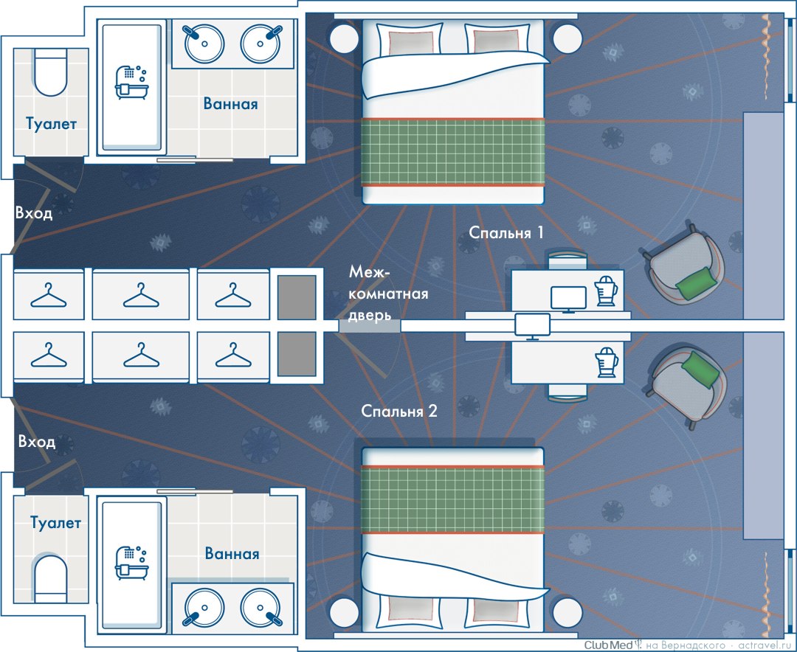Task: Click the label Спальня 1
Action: click(x=506, y=233)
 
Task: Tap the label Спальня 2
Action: click(x=399, y=411)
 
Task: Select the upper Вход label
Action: click(x=35, y=214)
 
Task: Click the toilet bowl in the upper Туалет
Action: click(x=50, y=73)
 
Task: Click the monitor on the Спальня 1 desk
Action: click(x=568, y=298)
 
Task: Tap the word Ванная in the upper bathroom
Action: click(x=231, y=104)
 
